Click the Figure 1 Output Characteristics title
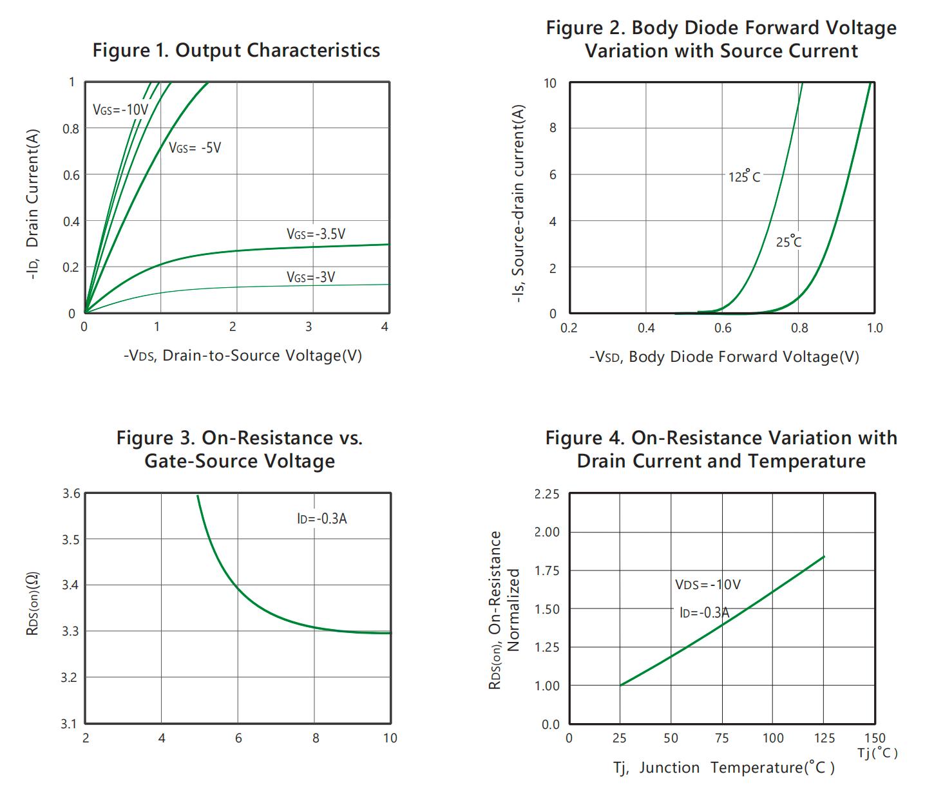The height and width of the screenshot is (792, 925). click(x=236, y=50)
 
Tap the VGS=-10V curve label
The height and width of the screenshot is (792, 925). click(x=120, y=109)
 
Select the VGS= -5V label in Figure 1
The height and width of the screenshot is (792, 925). click(x=195, y=148)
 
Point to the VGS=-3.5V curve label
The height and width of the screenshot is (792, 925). click(x=316, y=234)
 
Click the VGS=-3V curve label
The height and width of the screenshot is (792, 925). click(x=310, y=278)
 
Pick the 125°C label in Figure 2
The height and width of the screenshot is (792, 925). click(x=744, y=176)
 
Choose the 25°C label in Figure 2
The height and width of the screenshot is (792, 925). click(x=788, y=242)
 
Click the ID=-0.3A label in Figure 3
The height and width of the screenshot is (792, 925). click(x=322, y=519)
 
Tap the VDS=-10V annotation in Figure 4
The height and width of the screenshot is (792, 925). click(x=707, y=585)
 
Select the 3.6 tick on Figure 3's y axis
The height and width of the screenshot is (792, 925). click(x=71, y=494)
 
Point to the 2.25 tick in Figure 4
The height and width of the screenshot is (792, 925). click(x=547, y=495)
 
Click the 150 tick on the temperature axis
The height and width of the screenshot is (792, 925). click(x=875, y=738)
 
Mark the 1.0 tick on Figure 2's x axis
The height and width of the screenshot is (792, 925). click(x=874, y=328)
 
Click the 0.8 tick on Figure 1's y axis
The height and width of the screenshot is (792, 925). click(x=71, y=129)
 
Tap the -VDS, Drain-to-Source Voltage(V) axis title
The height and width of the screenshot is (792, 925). click(x=243, y=355)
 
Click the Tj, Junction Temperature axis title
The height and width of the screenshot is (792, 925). click(x=723, y=768)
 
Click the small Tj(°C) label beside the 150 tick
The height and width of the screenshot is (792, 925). click(x=877, y=753)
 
